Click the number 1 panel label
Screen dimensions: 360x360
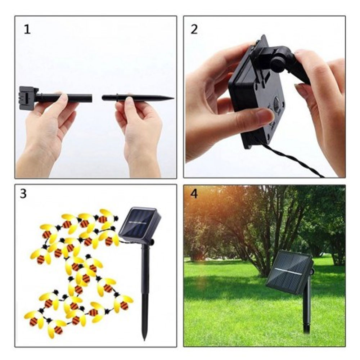(x=27, y=30)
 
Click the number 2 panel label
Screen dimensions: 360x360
(x=194, y=30)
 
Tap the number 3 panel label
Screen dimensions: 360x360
(x=23, y=194)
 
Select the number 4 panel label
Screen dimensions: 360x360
(x=194, y=194)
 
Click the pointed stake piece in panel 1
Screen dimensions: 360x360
(x=138, y=98)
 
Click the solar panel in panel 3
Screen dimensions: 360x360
(x=140, y=223)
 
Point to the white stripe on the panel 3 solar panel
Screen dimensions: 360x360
(x=138, y=222)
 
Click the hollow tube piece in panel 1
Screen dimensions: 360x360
(x=64, y=98)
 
